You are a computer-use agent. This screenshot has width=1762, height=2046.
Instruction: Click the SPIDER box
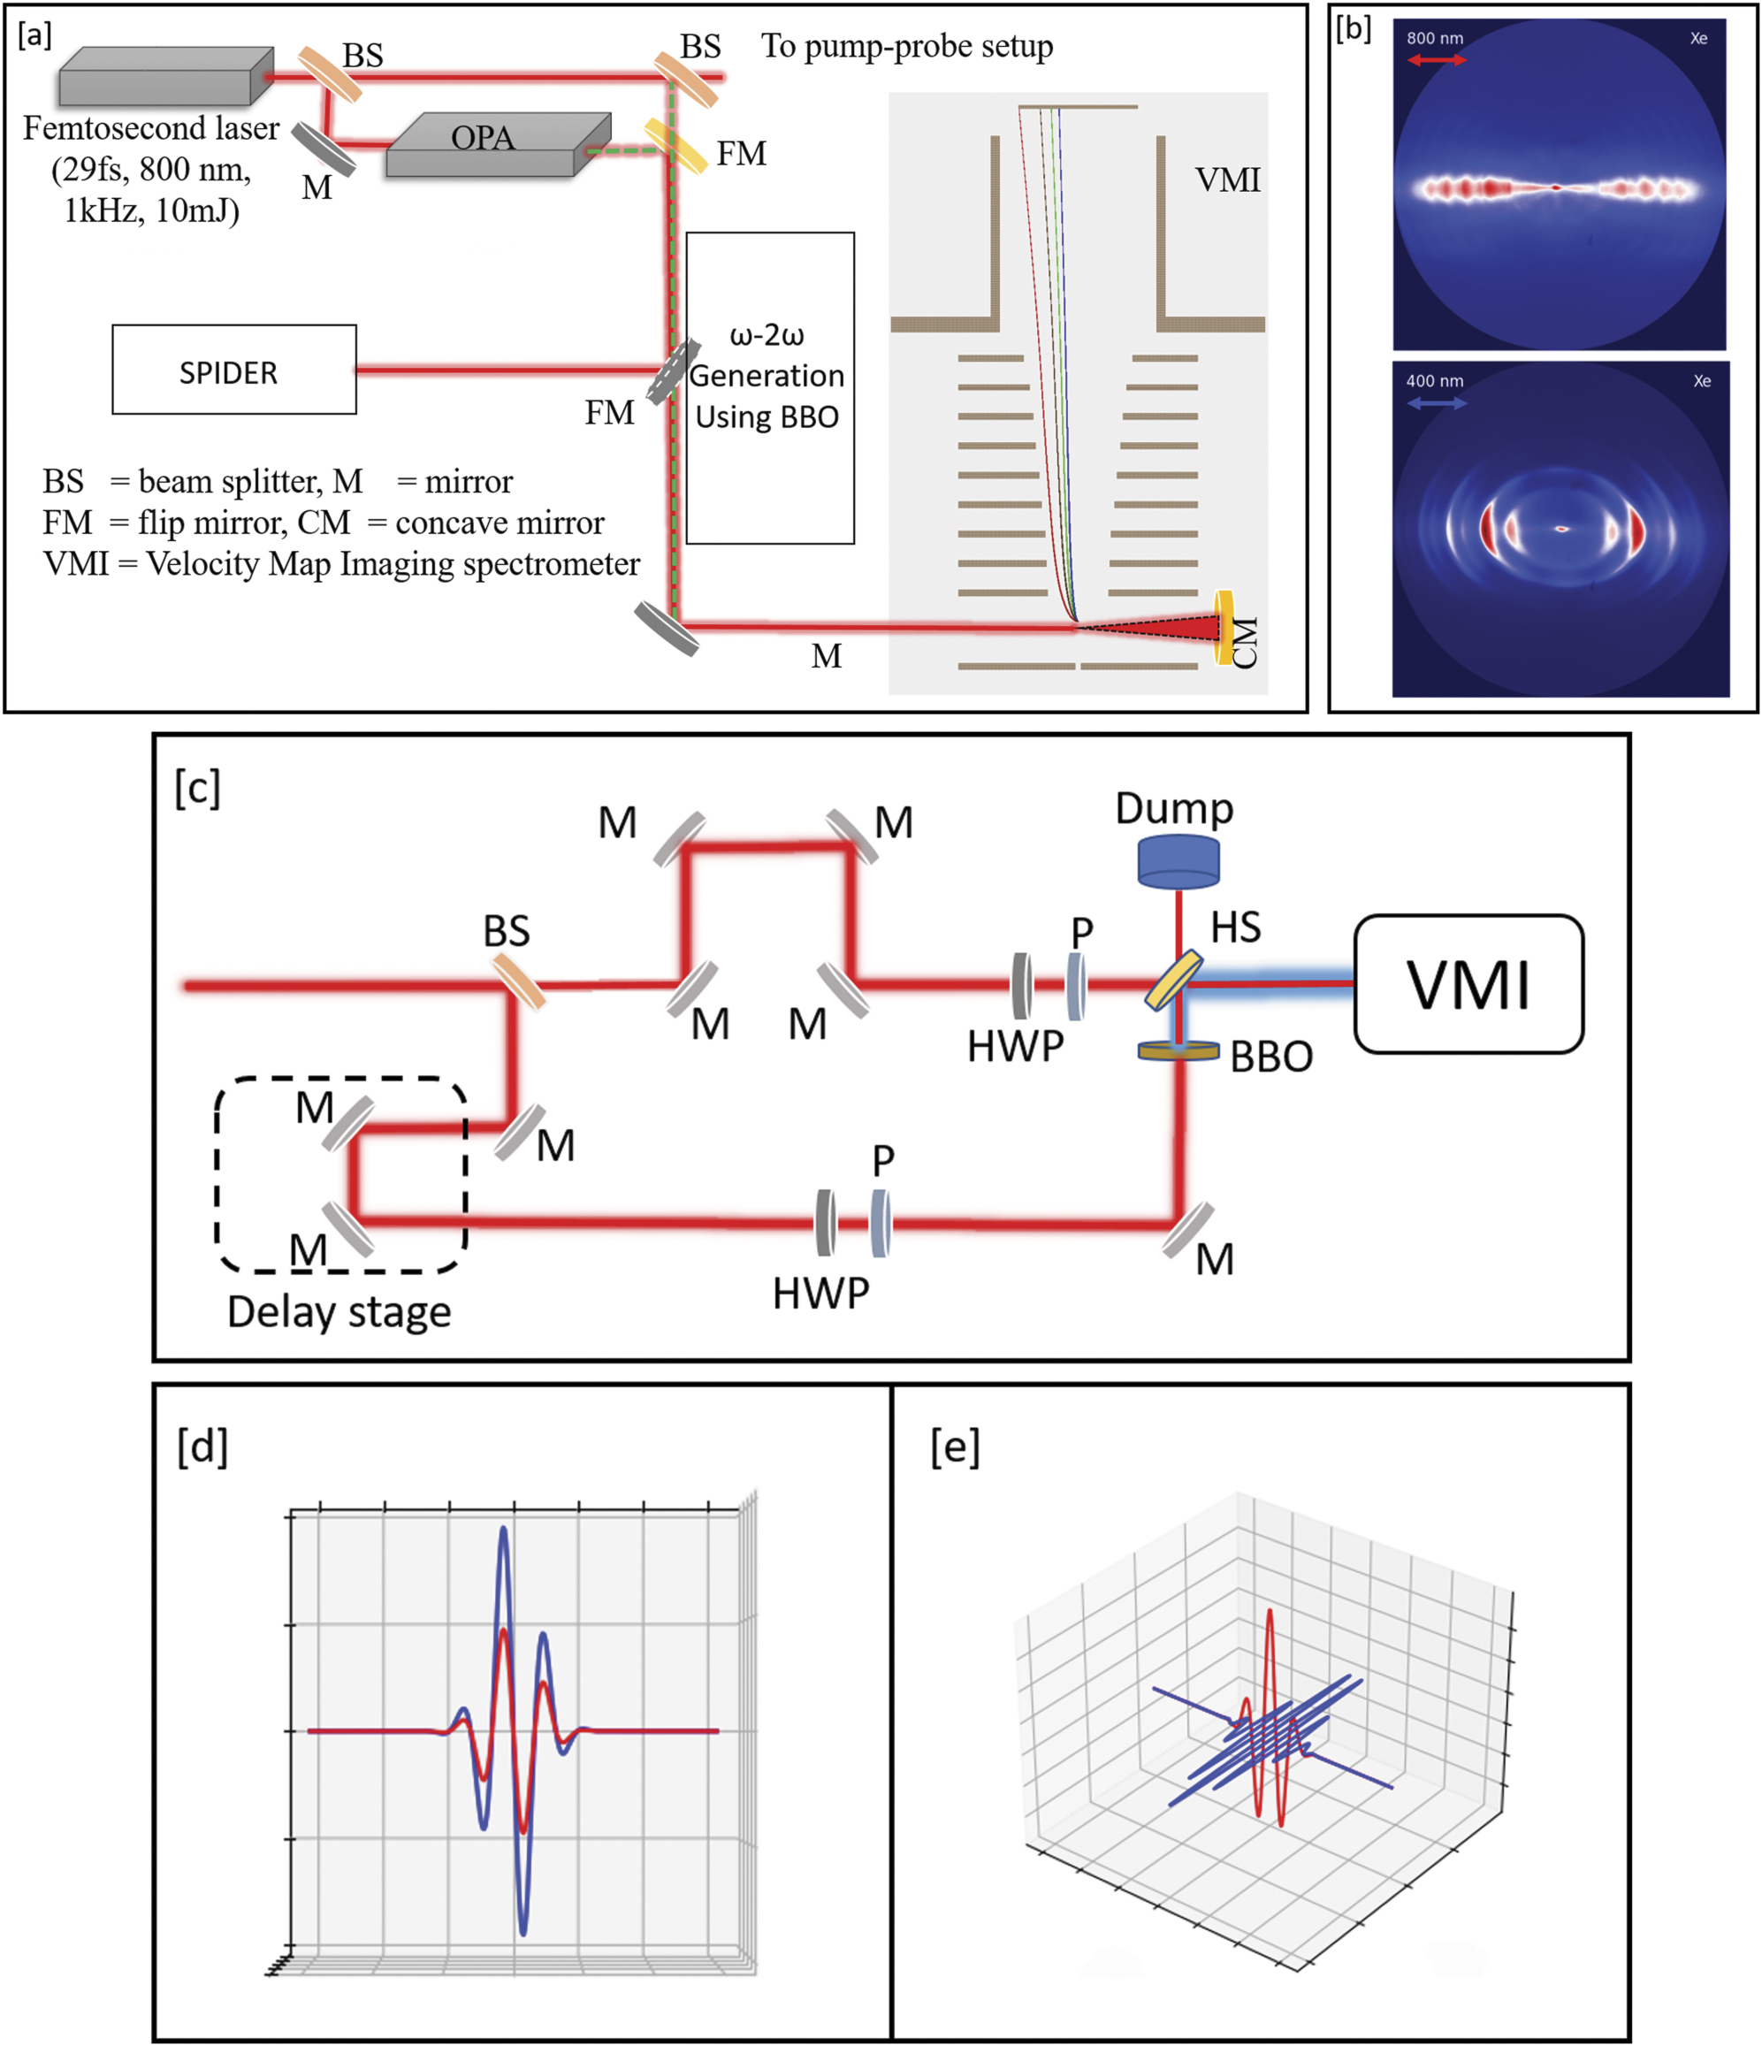(x=234, y=370)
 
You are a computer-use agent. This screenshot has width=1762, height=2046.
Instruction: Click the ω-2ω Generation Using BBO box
(x=770, y=387)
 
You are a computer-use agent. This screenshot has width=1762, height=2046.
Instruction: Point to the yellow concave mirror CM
(x=1224, y=627)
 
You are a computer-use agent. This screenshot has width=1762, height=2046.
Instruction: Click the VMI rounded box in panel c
(x=1468, y=984)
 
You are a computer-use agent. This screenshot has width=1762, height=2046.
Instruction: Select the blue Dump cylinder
(x=1178, y=861)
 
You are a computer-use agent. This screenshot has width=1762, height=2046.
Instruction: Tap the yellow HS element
(x=1174, y=980)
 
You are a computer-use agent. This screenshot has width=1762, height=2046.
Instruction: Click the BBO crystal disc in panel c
(x=1178, y=1051)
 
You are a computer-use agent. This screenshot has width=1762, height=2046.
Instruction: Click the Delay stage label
(x=339, y=1311)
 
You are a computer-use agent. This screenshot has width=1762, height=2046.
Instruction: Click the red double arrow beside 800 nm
(x=1437, y=60)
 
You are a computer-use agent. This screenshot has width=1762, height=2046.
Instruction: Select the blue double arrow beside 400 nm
(x=1437, y=403)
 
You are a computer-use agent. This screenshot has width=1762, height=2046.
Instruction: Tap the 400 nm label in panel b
(x=1434, y=381)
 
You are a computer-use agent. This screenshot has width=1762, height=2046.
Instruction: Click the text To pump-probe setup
(x=906, y=46)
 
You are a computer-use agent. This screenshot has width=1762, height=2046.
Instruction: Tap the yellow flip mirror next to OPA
(x=675, y=146)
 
